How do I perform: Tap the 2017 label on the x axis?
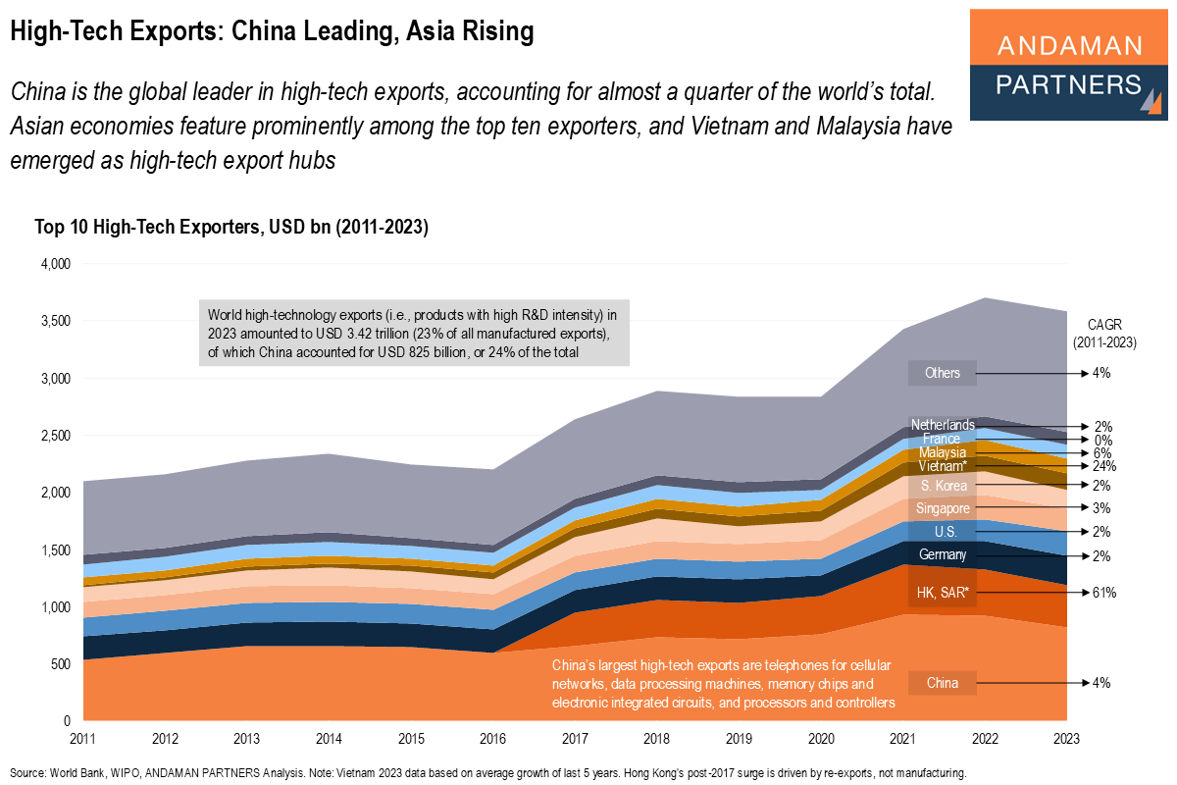pyautogui.click(x=576, y=737)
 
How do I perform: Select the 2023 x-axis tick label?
pyautogui.click(x=1067, y=737)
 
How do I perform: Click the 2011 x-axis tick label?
pyautogui.click(x=84, y=737)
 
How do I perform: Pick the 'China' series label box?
pyautogui.click(x=942, y=683)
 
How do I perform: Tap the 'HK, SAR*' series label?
pyautogui.click(x=942, y=593)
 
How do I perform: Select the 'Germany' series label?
pyautogui.click(x=942, y=555)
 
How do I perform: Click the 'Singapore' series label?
pyautogui.click(x=942, y=508)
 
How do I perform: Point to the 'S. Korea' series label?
pyautogui.click(x=942, y=486)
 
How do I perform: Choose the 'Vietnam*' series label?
pyautogui.click(x=942, y=466)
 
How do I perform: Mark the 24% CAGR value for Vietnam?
pyautogui.click(x=1101, y=466)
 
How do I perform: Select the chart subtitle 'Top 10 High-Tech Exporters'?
pyautogui.click(x=231, y=228)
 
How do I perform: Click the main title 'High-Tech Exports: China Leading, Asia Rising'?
pyautogui.click(x=272, y=31)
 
